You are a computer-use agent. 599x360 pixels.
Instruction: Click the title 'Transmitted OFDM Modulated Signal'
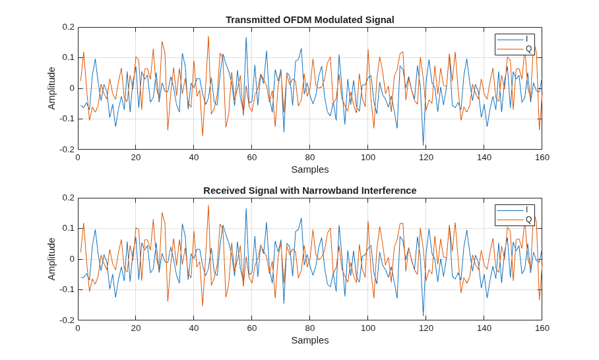[x=310, y=20]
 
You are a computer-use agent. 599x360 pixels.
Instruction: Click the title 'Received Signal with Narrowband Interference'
[x=310, y=191]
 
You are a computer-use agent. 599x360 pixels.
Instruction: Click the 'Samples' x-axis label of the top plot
[x=310, y=169]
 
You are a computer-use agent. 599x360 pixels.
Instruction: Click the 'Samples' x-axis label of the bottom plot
[x=310, y=340]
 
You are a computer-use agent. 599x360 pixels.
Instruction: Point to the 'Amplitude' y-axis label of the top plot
[x=51, y=88]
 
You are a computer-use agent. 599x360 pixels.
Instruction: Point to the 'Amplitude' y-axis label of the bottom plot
[x=51, y=259]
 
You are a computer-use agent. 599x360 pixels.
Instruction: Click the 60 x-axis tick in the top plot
[x=252, y=158]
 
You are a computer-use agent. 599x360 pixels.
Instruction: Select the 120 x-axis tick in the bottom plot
[x=426, y=328]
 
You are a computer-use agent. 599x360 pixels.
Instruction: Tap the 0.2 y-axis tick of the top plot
[x=69, y=27]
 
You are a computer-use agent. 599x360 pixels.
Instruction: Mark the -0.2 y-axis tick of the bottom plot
[x=67, y=320]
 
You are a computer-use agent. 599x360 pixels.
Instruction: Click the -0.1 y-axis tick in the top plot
[x=67, y=119]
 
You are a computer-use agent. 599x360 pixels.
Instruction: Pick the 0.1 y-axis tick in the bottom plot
[x=69, y=228]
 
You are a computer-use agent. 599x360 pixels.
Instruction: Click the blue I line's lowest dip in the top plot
[x=424, y=146]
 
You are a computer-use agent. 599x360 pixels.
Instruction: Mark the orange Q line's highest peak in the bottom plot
[x=208, y=206]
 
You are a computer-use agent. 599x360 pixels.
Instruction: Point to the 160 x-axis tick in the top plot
[x=542, y=158]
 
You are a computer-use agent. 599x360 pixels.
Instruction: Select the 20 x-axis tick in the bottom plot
[x=136, y=328]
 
